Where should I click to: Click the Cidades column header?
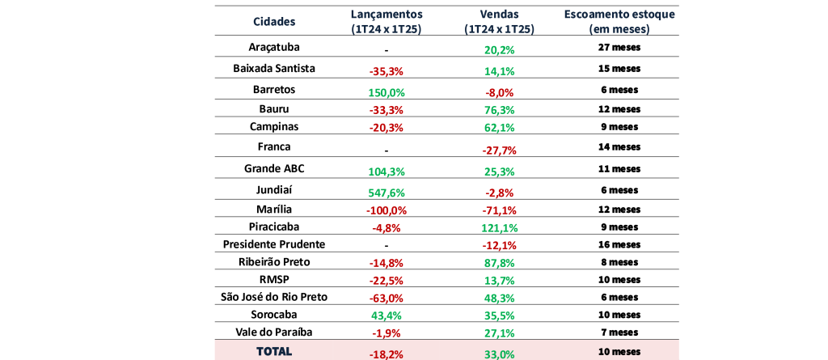(x=274, y=22)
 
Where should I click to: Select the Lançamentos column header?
(x=387, y=22)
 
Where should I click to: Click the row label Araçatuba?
(x=274, y=47)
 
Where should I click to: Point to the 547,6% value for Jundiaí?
(x=387, y=193)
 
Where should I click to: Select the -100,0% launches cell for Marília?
(x=387, y=210)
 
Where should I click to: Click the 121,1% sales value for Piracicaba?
(x=500, y=228)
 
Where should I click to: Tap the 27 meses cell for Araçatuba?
(x=619, y=47)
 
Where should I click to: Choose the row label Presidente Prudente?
(x=274, y=244)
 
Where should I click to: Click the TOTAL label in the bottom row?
(x=274, y=351)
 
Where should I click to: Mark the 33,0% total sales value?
(x=500, y=354)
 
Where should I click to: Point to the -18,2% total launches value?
(x=387, y=354)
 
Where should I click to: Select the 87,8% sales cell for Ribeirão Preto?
(x=500, y=263)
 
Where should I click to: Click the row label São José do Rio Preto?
(x=274, y=297)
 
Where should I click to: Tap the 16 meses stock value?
(x=619, y=244)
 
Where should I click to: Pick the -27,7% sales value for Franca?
(x=500, y=150)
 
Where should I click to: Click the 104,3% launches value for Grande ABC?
(x=387, y=172)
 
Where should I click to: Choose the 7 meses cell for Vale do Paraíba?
(x=619, y=332)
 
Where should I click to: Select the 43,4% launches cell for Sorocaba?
(x=387, y=316)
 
